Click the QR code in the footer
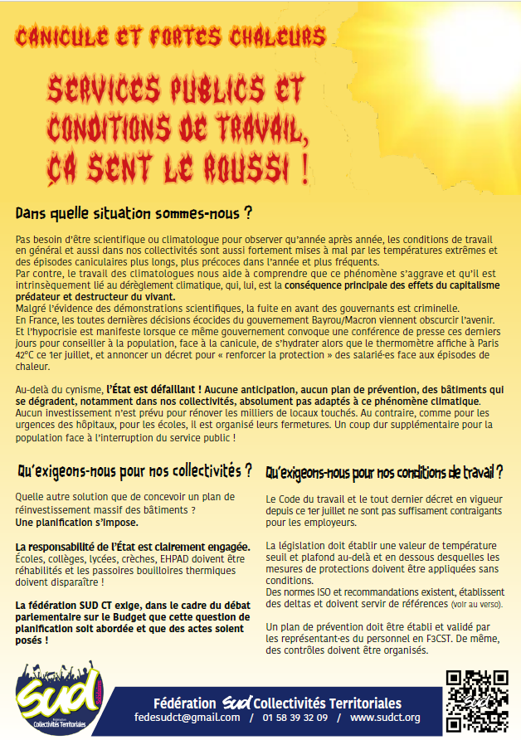[x=475, y=700]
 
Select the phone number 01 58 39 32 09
[x=295, y=718]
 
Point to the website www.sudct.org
[x=385, y=718]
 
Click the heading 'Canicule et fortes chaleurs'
[x=171, y=37]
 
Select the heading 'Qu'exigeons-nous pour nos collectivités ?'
[x=134, y=472]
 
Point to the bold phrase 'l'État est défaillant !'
[x=155, y=389]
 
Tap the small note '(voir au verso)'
[x=476, y=604]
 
